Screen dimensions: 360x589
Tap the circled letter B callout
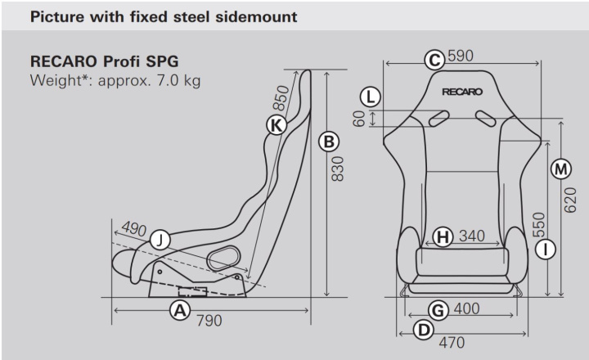pos(328,142)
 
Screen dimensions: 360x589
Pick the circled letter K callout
pos(277,124)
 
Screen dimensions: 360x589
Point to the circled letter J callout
pos(160,240)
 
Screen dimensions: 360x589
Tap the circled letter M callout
pos(560,169)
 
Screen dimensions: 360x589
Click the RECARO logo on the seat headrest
pos(462,92)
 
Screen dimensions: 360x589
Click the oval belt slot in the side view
pos(221,259)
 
